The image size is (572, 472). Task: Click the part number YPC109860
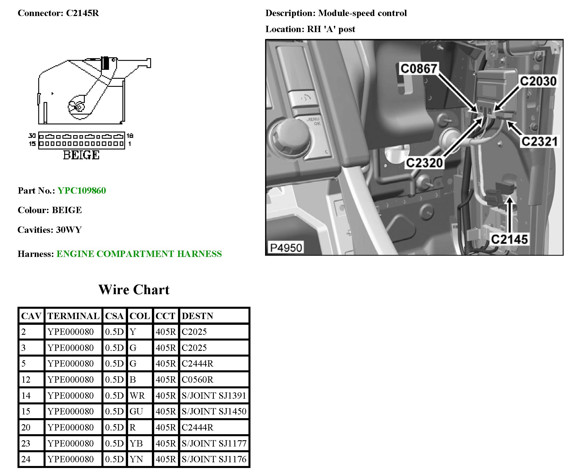point(82,191)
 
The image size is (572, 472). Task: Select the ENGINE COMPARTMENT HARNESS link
point(139,254)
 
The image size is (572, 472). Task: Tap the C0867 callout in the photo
point(418,69)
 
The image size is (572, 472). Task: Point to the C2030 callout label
point(538,81)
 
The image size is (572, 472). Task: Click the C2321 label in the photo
point(539,141)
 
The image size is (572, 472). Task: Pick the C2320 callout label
point(424,163)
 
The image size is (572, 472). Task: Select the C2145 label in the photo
point(509,239)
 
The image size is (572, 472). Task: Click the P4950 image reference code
point(286,248)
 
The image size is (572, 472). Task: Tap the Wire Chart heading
point(134,290)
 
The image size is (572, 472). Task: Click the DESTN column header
point(197,316)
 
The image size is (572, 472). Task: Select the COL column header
point(140,316)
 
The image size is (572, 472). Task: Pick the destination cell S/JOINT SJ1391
point(214,396)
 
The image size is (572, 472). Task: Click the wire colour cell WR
point(137,396)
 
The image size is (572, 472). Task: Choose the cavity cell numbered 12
point(26,380)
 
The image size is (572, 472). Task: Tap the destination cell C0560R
point(197,380)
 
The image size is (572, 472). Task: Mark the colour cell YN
point(136,459)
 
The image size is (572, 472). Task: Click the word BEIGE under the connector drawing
point(81,155)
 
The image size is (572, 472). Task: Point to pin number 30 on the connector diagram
point(32,135)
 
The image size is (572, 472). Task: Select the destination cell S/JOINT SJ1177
point(214,443)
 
